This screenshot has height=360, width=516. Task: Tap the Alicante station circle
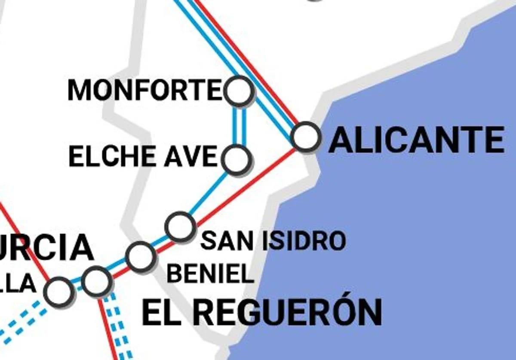tap(306, 137)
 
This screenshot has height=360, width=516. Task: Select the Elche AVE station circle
tap(236, 159)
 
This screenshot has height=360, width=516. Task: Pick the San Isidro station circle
tap(180, 226)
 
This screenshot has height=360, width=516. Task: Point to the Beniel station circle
tap(140, 256)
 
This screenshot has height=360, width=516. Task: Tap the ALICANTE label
tap(416, 140)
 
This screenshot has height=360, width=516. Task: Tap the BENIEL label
tap(210, 274)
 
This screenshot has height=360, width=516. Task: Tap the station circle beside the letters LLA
tap(58, 291)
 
